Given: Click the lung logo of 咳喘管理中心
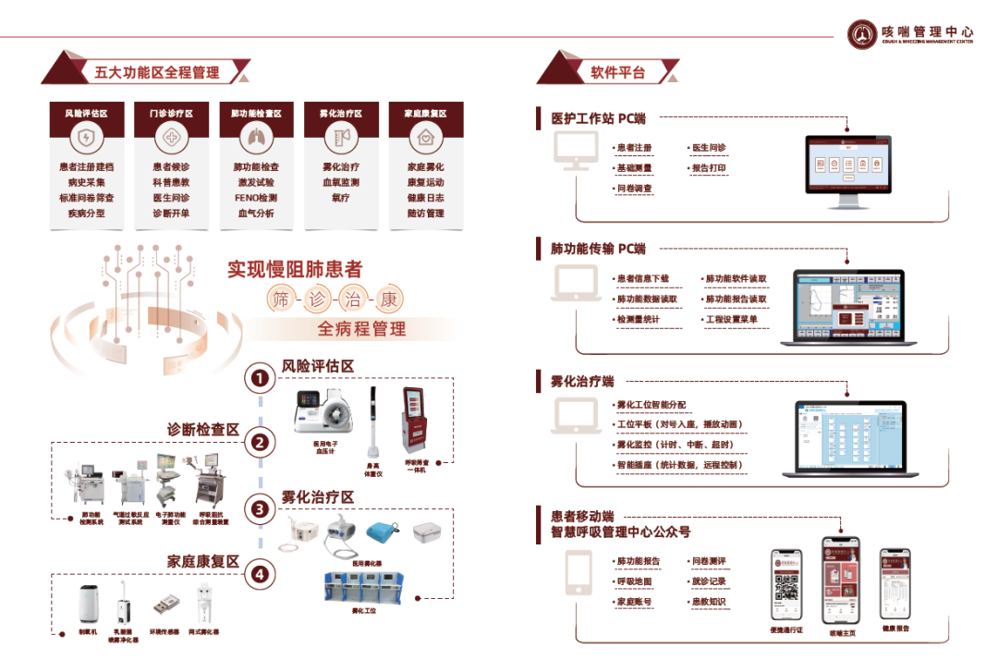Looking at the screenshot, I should pyautogui.click(x=863, y=34).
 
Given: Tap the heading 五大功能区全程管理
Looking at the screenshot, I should pyautogui.click(x=156, y=71).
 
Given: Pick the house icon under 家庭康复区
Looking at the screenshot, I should pyautogui.click(x=425, y=139).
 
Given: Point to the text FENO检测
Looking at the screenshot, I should pyautogui.click(x=256, y=198).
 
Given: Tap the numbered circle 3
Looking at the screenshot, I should pyautogui.click(x=261, y=508).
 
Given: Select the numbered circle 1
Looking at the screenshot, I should pyautogui.click(x=261, y=377).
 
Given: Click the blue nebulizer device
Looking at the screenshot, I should pyautogui.click(x=381, y=533).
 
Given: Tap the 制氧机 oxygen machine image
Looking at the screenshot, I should pyautogui.click(x=88, y=605).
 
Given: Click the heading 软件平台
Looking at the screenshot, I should pyautogui.click(x=618, y=71).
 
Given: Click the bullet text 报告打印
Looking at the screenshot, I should pyautogui.click(x=712, y=168).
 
